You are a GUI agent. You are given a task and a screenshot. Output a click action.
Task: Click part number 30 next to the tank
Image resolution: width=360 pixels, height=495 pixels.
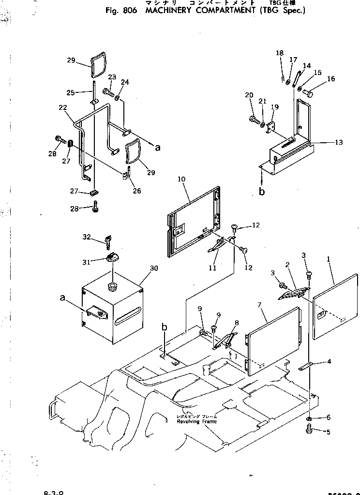tap(154, 268)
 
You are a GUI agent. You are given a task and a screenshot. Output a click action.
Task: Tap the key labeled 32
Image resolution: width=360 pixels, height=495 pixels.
tap(109, 240)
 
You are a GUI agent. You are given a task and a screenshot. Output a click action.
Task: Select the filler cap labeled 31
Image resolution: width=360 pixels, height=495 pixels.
tap(112, 258)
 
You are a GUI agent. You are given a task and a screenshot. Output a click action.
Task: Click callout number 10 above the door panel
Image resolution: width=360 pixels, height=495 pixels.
tap(181, 180)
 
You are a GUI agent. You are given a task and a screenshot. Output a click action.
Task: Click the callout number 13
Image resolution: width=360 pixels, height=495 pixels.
tap(338, 142)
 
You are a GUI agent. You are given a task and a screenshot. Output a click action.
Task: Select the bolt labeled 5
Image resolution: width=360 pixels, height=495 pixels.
tap(310, 428)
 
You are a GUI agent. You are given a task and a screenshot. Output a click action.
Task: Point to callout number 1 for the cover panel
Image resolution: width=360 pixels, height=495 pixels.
tap(329, 259)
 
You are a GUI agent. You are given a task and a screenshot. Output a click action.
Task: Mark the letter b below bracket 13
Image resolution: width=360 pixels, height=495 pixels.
tap(262, 192)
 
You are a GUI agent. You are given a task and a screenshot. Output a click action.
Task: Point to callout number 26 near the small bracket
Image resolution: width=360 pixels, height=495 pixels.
tap(137, 191)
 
